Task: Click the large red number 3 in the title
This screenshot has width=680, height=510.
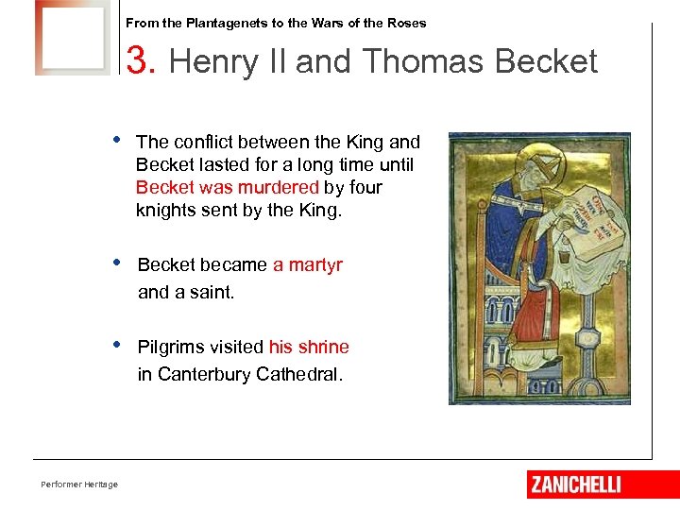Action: click(x=139, y=62)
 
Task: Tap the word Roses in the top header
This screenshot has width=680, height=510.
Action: click(x=407, y=23)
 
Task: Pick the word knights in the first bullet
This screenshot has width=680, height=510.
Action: click(x=164, y=210)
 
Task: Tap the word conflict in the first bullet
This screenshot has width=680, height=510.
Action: click(x=201, y=142)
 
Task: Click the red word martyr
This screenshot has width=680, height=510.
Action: click(x=308, y=265)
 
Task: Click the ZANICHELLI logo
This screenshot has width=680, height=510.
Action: click(x=575, y=484)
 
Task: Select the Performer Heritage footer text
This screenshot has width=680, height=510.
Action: click(x=79, y=484)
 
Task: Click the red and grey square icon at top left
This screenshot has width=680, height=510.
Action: click(x=72, y=38)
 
